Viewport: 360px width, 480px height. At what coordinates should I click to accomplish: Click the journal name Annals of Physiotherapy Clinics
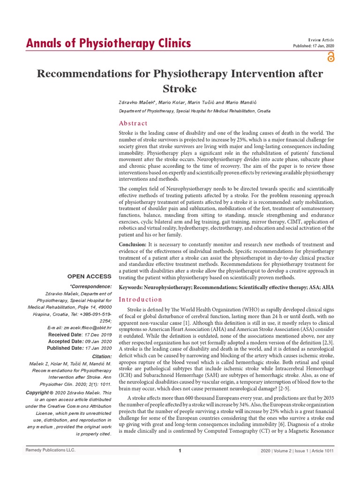point(108,44)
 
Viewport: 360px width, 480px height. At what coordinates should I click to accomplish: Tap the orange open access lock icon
point(331,57)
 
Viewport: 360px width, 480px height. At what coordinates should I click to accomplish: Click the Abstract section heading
point(133,123)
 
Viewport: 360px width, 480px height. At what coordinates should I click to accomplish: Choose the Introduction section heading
point(141,299)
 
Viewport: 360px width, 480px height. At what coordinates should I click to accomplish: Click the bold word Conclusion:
point(133,245)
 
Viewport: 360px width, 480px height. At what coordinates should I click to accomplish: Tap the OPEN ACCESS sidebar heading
point(89,277)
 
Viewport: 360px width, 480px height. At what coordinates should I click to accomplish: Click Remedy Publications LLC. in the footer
point(50,450)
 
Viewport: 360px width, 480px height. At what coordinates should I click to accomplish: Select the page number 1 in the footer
point(180,451)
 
